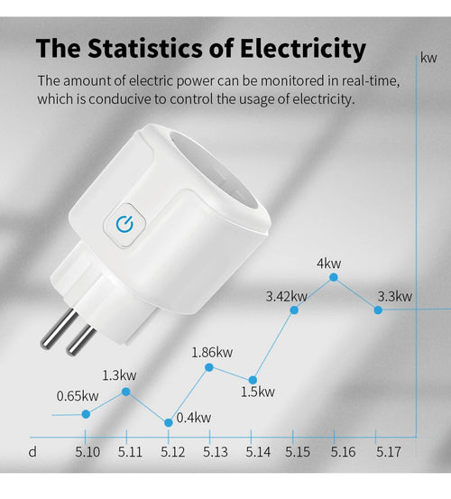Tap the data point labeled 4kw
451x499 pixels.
pos(336,280)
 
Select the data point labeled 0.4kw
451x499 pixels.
pos(169,422)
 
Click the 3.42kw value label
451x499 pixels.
pos(287,296)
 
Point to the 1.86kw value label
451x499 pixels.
pos(212,352)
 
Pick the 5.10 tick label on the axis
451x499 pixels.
pos(87,451)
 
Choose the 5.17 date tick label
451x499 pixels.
pos(388,451)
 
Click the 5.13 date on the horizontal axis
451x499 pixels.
pos(215,451)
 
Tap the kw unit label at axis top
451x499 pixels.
pos(428,58)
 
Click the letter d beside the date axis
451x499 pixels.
pos(32,451)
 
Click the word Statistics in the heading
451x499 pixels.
pos(152,48)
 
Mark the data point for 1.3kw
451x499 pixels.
pos(126,392)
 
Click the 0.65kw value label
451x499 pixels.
pos(78,395)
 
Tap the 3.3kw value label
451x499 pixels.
pos(394,296)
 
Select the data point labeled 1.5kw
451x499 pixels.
pos(254,379)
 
